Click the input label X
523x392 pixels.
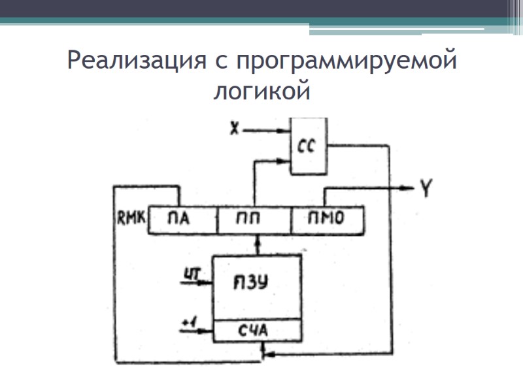coord(233,129)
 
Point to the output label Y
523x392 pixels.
coord(426,189)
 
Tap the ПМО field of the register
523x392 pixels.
coord(326,220)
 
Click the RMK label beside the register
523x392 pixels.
coord(129,215)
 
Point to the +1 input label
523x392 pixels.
coord(188,321)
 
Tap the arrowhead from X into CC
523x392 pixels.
coord(286,131)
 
